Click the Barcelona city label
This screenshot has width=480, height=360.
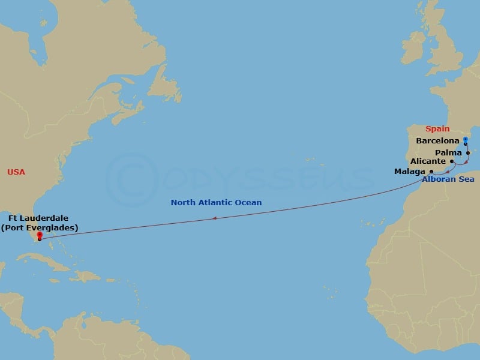[x=437, y=141]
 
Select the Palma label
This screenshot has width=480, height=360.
[x=449, y=152]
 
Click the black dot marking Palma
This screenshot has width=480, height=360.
[x=468, y=152]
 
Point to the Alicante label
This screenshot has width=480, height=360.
[x=428, y=161]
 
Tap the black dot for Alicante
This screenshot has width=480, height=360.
[x=451, y=161]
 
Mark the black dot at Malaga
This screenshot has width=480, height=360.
[x=431, y=172]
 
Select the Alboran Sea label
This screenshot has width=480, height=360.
[x=448, y=179]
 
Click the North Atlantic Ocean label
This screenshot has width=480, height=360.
[x=216, y=203]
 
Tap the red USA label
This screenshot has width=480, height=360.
[x=16, y=172]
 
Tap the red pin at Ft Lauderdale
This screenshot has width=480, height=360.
[x=39, y=236]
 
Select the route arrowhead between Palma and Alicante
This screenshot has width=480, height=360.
[x=465, y=163]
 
